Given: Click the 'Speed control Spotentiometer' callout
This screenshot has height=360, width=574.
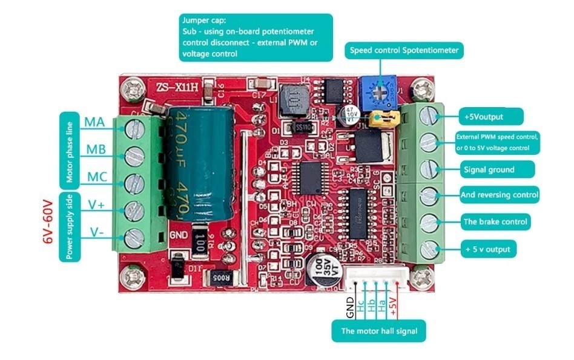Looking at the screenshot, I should tap(404, 51).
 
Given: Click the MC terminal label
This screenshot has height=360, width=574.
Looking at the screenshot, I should tap(96, 177).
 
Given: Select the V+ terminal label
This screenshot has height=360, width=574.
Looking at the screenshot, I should tap(96, 205).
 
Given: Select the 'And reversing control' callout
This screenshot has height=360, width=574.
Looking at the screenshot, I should tap(498, 195).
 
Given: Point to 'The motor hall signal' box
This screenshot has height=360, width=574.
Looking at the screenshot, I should tap(383, 331).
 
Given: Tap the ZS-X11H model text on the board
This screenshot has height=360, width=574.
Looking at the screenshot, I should tap(177, 87).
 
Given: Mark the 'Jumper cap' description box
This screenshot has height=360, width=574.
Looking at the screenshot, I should tap(256, 38).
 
